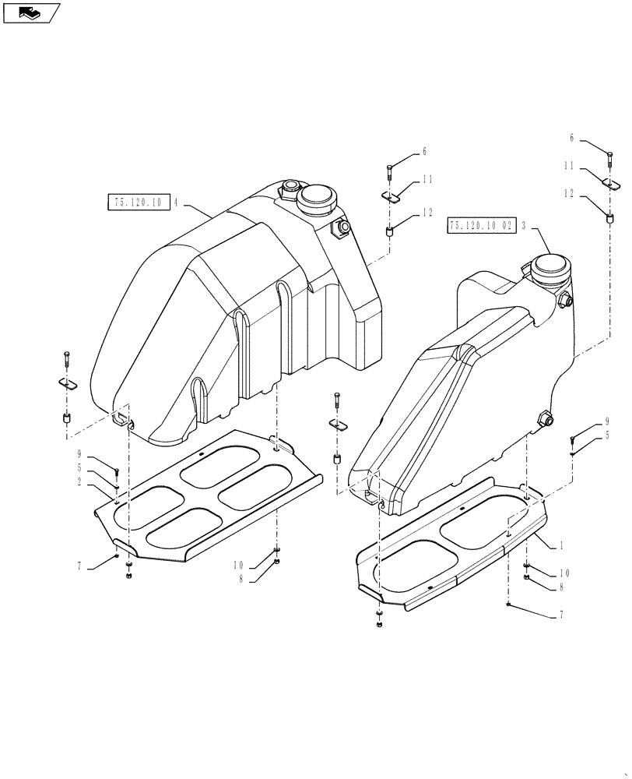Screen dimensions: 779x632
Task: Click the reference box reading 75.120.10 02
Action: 481,225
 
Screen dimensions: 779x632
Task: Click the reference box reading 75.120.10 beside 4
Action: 137,203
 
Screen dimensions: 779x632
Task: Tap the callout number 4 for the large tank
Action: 177,203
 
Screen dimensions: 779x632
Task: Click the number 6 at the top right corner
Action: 571,137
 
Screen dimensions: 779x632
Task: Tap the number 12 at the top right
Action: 571,192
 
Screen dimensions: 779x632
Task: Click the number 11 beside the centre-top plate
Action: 427,180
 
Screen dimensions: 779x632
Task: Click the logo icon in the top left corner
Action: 30,12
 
